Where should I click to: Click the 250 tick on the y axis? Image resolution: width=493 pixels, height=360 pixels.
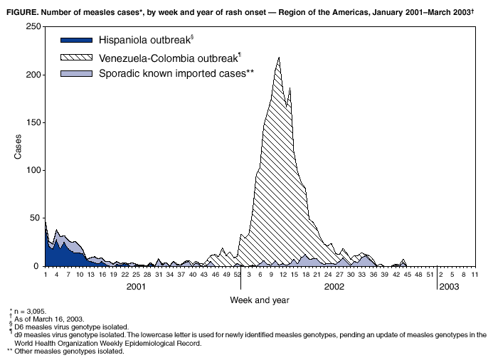pos(32,26)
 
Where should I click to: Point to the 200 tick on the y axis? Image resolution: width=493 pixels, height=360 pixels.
pos(32,75)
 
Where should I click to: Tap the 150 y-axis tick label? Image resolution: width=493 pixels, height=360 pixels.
pos(32,122)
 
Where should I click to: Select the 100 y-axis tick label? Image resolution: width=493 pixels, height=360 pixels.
pos(32,171)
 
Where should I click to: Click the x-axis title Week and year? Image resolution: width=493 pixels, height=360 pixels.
pos(259,300)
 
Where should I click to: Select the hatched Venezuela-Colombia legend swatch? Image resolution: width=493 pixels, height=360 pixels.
pos(76,57)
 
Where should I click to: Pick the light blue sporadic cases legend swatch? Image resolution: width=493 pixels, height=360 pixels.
pos(76,73)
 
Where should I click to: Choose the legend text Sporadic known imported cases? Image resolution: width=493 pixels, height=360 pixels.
pos(176,73)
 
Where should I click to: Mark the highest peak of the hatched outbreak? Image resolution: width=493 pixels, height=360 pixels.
pos(279,58)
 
